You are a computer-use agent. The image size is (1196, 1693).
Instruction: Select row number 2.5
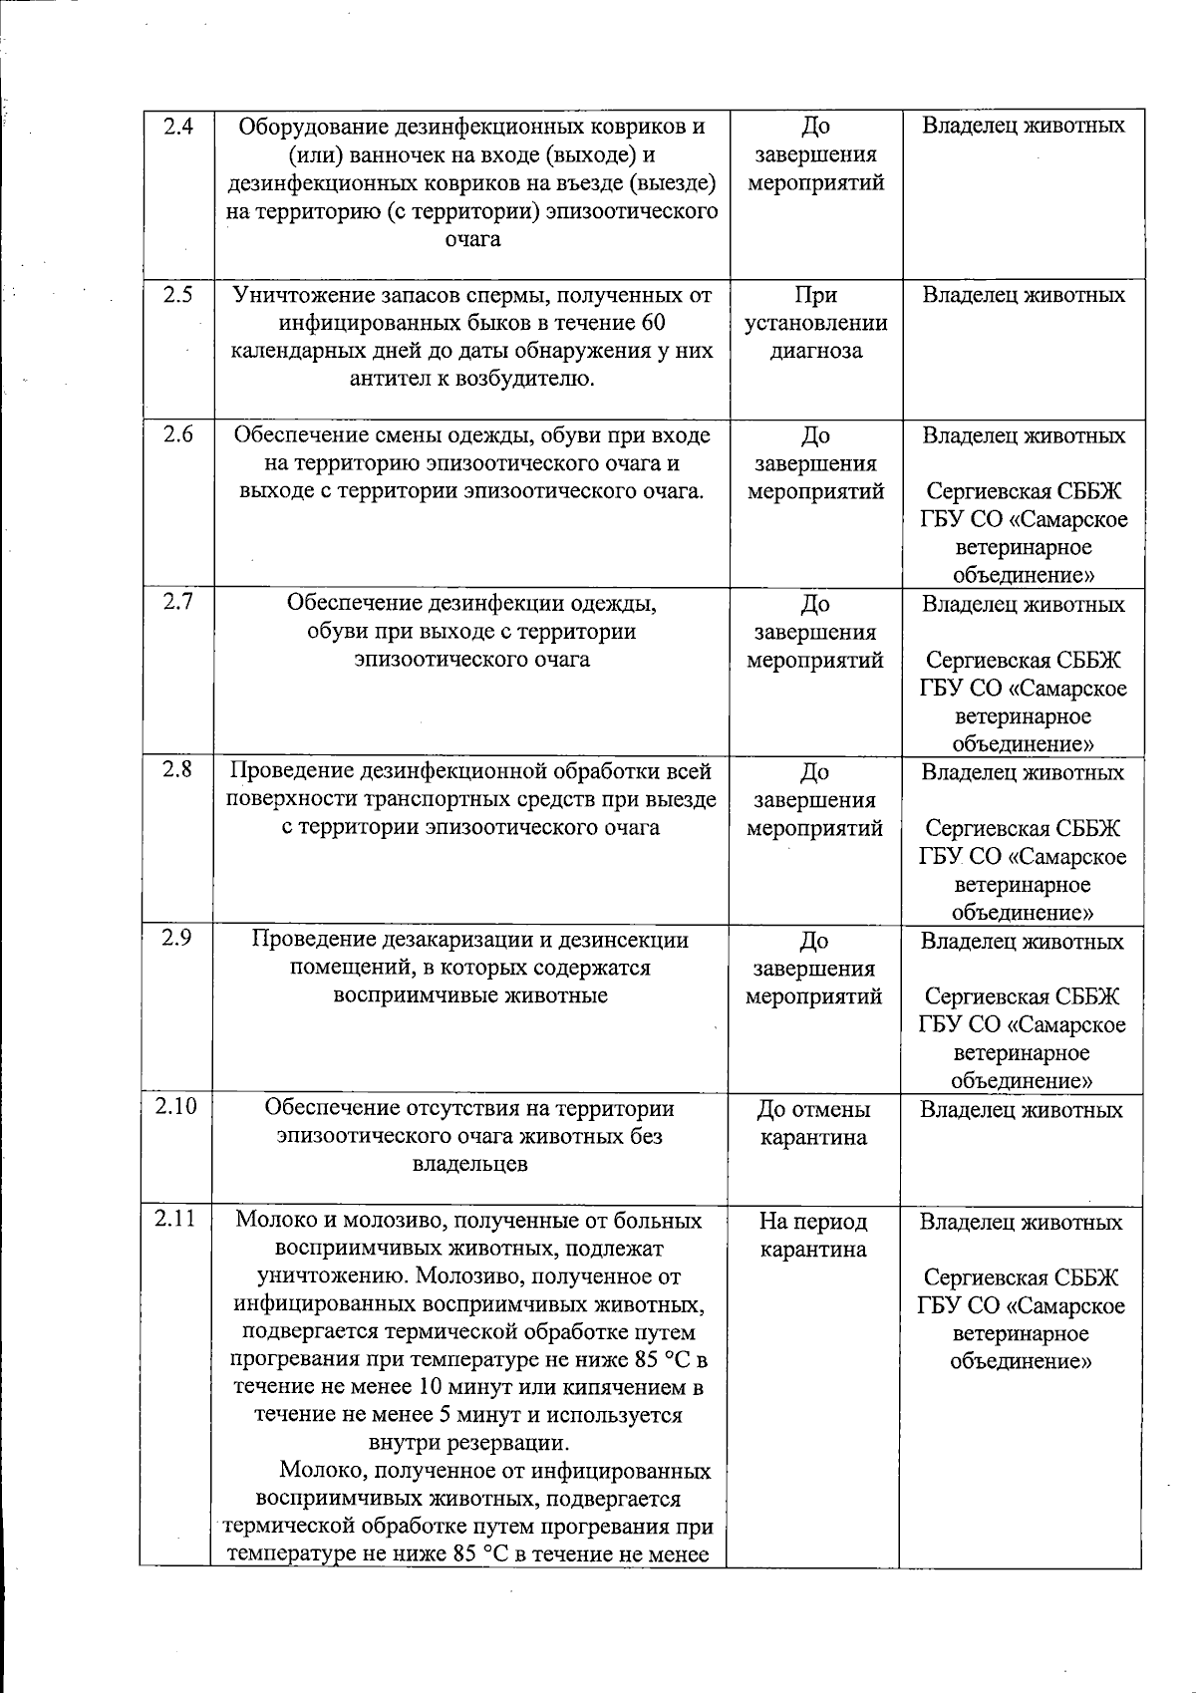[177, 295]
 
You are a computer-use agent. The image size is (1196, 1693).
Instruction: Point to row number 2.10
[175, 1107]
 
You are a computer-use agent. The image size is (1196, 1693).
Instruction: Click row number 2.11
[175, 1219]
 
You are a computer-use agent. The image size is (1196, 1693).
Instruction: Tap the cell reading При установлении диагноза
[815, 323]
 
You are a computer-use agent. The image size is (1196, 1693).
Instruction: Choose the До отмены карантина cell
[813, 1123]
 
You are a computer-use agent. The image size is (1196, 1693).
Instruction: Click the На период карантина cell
[813, 1235]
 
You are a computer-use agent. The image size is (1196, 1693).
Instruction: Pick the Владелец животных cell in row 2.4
[1024, 127]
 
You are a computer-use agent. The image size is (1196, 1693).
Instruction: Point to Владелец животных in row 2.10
[1022, 1110]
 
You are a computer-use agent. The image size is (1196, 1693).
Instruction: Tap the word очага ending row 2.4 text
[471, 239]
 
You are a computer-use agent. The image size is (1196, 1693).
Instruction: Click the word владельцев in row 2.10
[470, 1164]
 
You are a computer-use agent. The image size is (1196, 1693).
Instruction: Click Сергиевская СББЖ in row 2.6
[1024, 492]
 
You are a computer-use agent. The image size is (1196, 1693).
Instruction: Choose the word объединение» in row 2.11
[1022, 1361]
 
